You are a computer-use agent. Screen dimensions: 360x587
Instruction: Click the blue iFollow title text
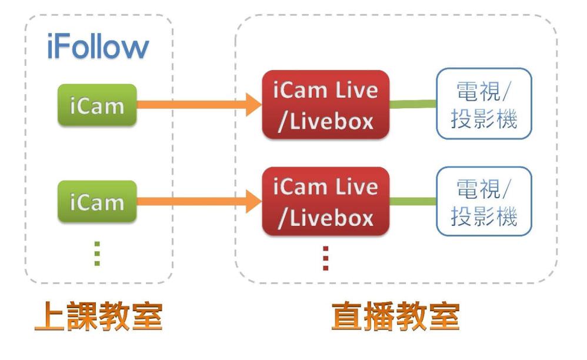pyautogui.click(x=98, y=49)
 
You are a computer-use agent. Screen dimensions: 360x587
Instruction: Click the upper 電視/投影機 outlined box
pyautogui.click(x=483, y=106)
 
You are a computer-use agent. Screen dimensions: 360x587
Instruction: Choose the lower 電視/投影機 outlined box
pyautogui.click(x=483, y=202)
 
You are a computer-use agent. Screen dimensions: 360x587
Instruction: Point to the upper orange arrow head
pyautogui.click(x=253, y=106)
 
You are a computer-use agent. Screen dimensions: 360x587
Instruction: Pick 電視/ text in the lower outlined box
pyautogui.click(x=483, y=188)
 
